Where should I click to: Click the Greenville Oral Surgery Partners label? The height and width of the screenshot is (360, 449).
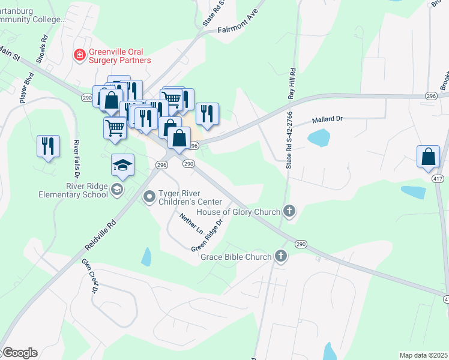(x=119, y=56)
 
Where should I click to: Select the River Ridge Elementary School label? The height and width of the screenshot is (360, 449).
(x=72, y=190)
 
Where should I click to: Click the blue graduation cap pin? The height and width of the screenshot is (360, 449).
(x=122, y=166)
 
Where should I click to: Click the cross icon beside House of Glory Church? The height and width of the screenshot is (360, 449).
(x=289, y=211)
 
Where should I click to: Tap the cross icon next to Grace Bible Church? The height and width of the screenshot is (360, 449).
(x=280, y=257)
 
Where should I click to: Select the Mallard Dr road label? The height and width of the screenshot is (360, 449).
(x=327, y=119)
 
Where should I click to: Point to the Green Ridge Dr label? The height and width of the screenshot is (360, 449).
(x=208, y=235)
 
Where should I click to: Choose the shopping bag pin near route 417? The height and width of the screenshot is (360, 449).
(x=428, y=156)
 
